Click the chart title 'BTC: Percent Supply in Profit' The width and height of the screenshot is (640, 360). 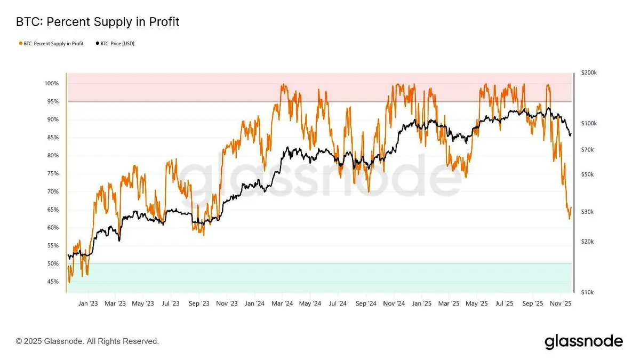click(98, 22)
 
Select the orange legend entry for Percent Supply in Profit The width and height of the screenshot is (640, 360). click(52, 43)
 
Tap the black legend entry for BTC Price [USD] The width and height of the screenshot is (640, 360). click(115, 43)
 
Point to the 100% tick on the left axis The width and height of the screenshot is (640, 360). click(52, 84)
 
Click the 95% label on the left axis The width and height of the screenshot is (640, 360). click(52, 101)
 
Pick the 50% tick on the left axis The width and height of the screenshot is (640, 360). click(52, 263)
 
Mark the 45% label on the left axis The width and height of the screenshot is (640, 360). click(52, 282)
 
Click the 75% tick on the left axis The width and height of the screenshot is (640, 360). click(52, 173)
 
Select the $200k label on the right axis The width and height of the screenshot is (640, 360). click(588, 73)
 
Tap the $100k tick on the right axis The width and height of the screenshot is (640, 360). click(588, 123)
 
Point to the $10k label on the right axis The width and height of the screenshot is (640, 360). click(586, 293)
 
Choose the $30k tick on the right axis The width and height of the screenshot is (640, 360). click(587, 212)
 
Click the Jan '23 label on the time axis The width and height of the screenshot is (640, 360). click(88, 303)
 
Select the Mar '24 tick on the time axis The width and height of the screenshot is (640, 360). click(282, 303)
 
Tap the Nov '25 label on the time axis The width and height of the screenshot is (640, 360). click(561, 303)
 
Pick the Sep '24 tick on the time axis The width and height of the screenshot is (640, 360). click(366, 303)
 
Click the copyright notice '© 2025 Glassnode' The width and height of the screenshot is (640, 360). click(87, 341)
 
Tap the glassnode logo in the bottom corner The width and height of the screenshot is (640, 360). click(583, 341)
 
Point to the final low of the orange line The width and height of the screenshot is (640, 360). click(569, 218)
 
